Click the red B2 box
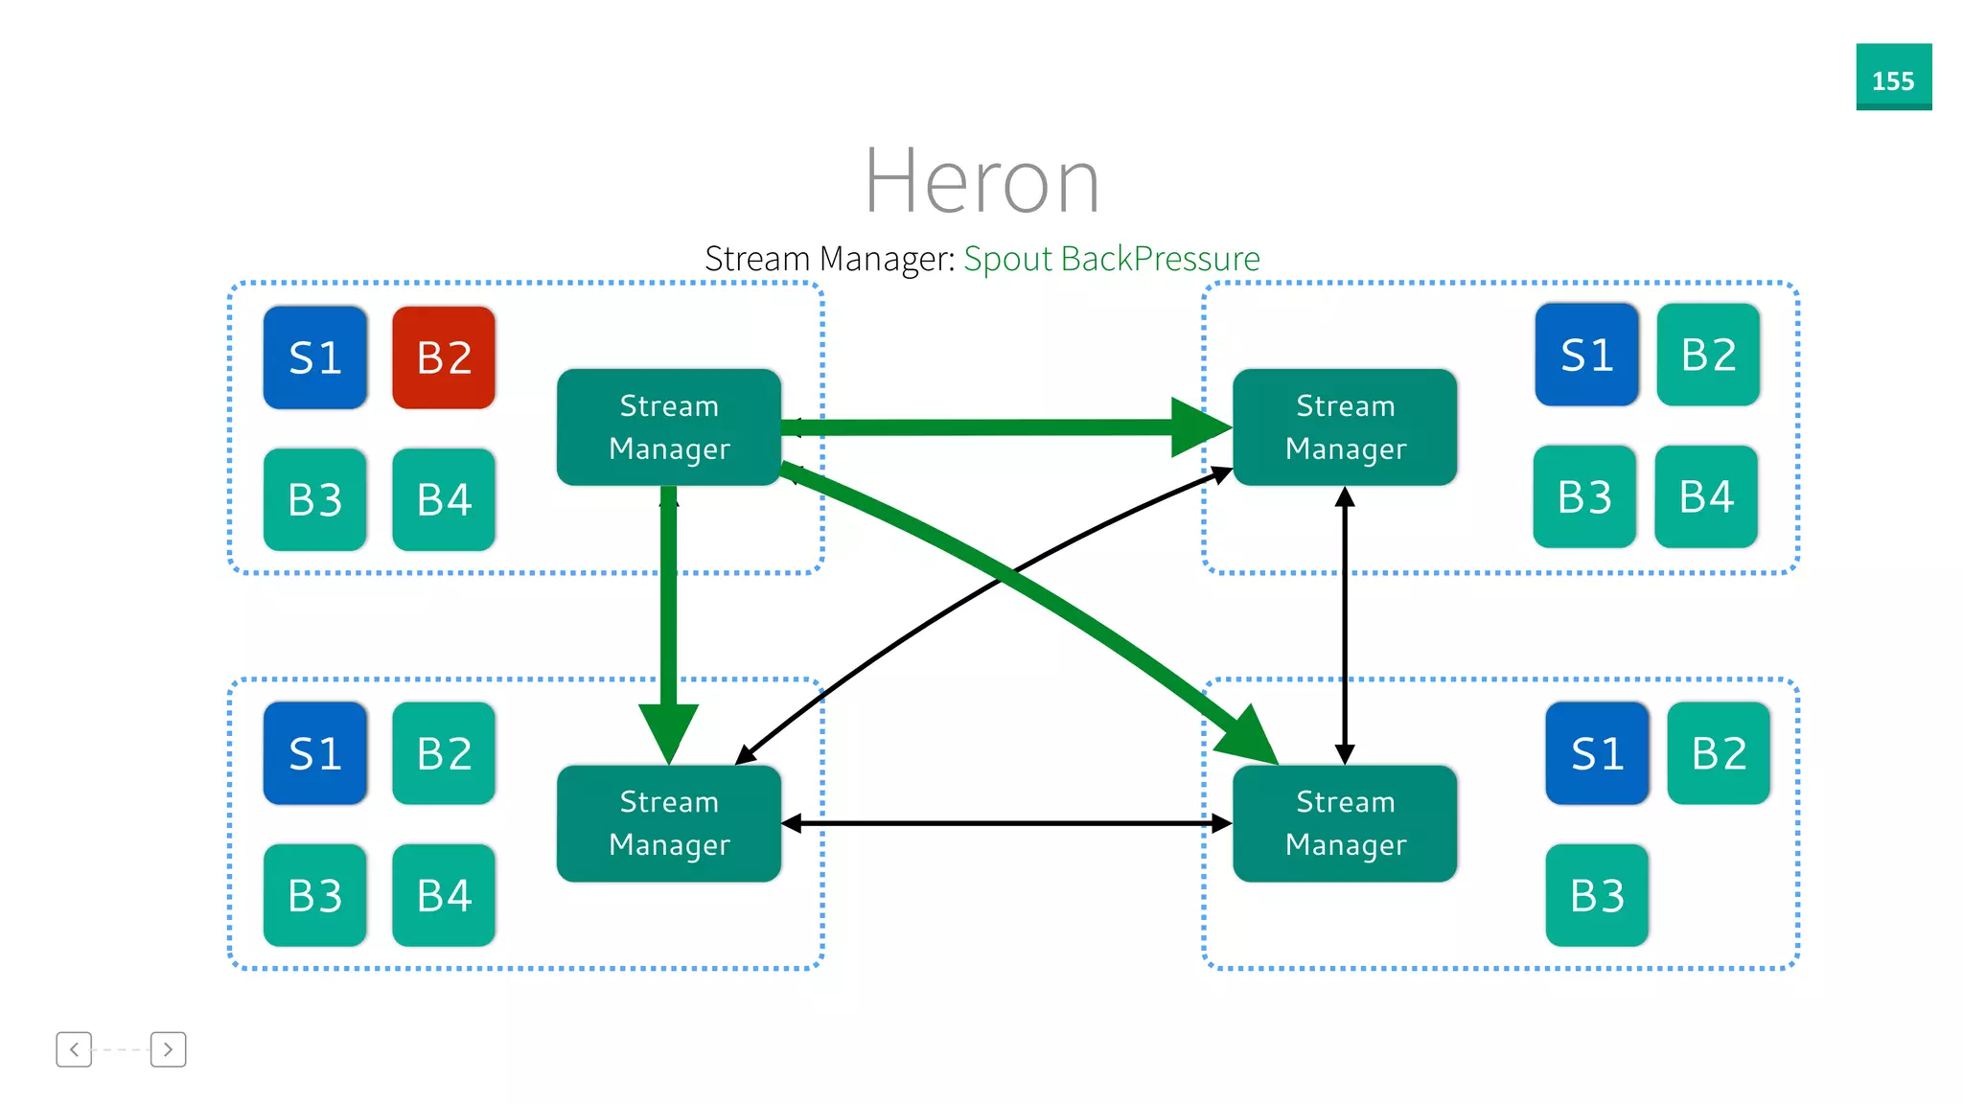[444, 357]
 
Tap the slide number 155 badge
[1893, 78]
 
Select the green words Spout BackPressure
[1111, 259]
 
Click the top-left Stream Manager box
[669, 427]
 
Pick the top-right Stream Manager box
[1345, 427]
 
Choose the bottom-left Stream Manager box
[669, 823]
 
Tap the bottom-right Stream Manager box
[1345, 823]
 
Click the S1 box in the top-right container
[1586, 355]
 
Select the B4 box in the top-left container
[444, 499]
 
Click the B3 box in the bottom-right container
[1597, 895]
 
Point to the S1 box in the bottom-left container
[315, 753]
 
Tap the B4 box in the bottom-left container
[444, 895]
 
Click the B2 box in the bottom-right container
[1719, 753]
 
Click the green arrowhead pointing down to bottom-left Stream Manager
[669, 732]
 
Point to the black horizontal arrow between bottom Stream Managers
[1006, 823]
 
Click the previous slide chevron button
[74, 1049]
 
